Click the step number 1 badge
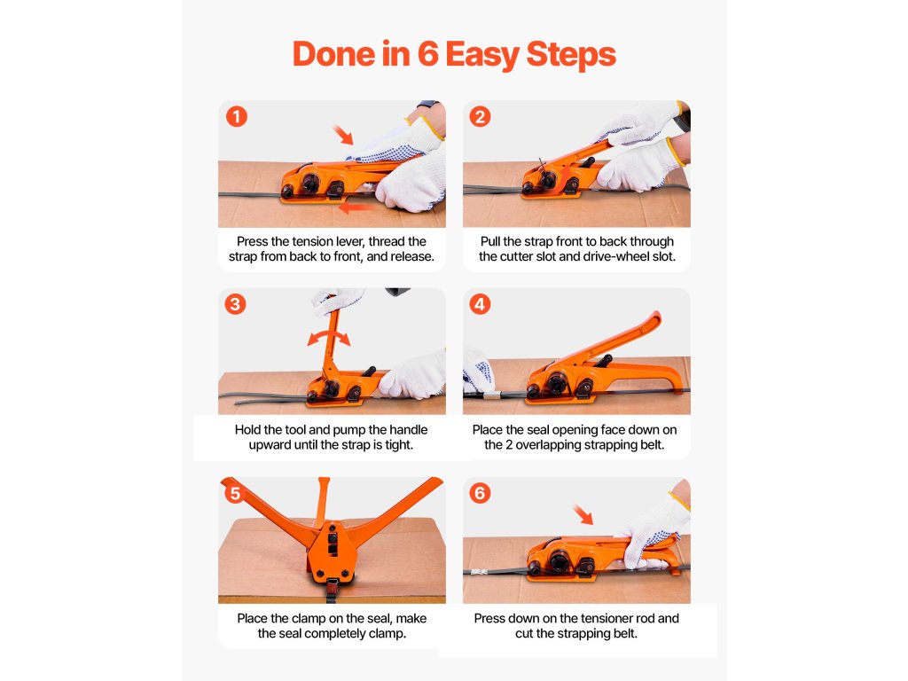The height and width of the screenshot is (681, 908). click(x=236, y=116)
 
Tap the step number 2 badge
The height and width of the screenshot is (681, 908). click(x=480, y=116)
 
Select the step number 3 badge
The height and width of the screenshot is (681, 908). click(x=235, y=304)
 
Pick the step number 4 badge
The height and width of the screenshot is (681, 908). click(x=480, y=304)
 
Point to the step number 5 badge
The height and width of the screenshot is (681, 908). click(x=235, y=493)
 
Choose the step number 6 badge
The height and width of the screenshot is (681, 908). click(x=480, y=493)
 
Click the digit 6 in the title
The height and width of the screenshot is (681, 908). click(x=428, y=54)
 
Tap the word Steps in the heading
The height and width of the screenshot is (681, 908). click(x=571, y=55)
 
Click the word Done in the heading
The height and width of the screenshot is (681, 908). click(x=333, y=54)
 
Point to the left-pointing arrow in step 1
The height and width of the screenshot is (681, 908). click(x=356, y=207)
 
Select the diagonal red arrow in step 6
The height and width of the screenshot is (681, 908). click(x=583, y=514)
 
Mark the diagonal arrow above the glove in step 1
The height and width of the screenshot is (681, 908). click(x=343, y=135)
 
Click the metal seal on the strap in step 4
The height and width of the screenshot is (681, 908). click(x=491, y=396)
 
